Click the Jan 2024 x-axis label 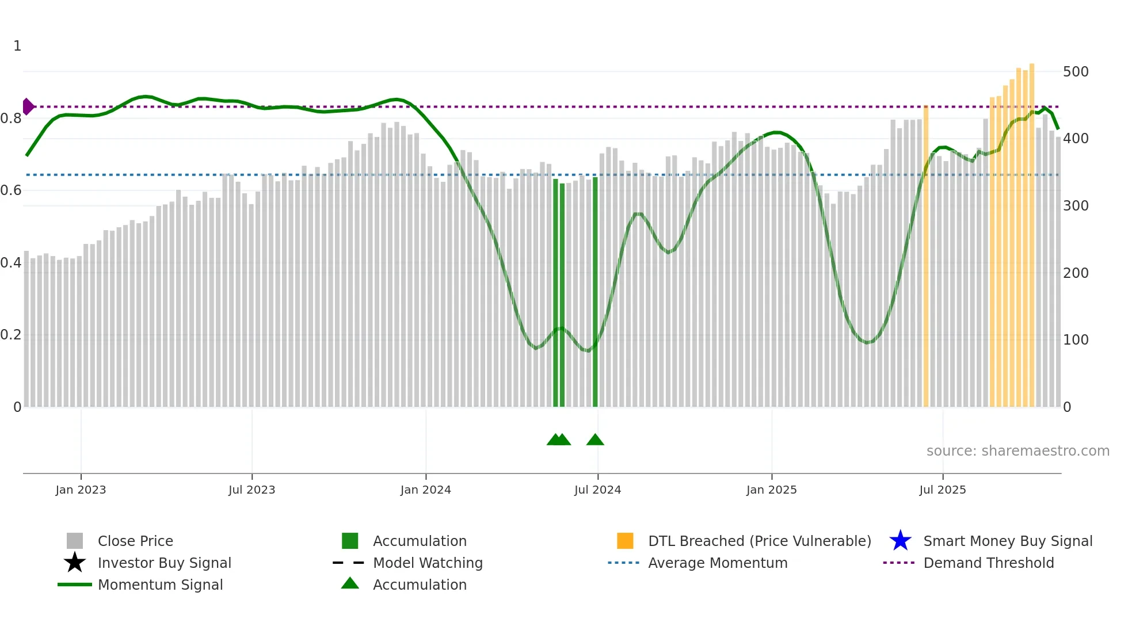[425, 490]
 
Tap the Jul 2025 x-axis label [942, 490]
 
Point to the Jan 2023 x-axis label [81, 490]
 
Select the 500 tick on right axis [1075, 72]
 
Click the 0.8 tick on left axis [11, 119]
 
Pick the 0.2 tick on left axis [11, 335]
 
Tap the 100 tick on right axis [1075, 340]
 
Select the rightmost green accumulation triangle [595, 440]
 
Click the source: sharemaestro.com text [1018, 451]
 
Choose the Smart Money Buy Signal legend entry [1007, 541]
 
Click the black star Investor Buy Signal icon [75, 563]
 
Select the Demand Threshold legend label [988, 563]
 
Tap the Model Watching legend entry [427, 563]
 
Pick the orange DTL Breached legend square [625, 541]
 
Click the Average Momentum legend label [717, 563]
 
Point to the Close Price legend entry [135, 541]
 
